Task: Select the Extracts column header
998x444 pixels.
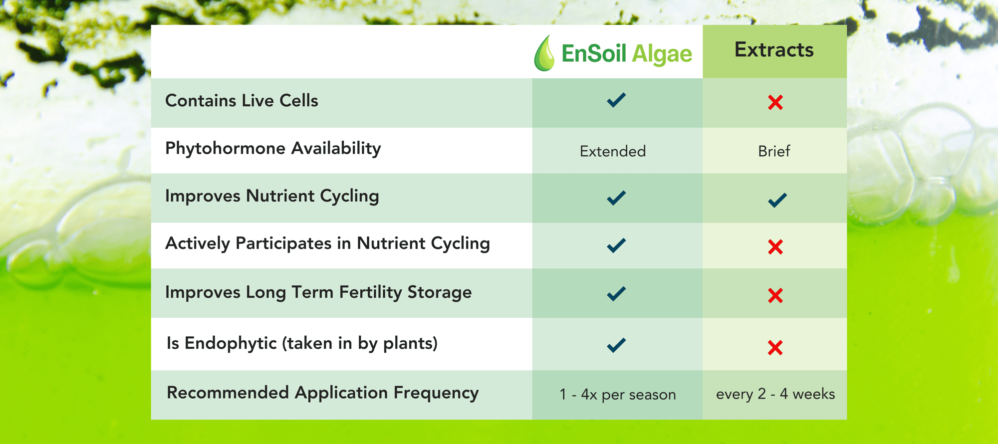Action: [774, 50]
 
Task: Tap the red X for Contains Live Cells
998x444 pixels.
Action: [775, 102]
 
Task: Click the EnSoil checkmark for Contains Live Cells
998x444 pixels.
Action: [616, 100]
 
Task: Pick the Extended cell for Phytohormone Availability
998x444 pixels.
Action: [613, 151]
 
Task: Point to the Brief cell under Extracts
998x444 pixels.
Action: [774, 151]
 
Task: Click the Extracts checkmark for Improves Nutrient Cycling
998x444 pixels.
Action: [777, 200]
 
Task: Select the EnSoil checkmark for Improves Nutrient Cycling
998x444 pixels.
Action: [616, 198]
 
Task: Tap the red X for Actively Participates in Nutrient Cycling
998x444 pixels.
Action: [775, 247]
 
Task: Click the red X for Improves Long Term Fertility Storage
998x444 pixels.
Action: [775, 295]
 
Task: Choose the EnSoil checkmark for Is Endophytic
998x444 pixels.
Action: [616, 345]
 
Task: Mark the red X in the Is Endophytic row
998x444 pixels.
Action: [775, 348]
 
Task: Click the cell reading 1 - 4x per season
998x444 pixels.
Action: [618, 395]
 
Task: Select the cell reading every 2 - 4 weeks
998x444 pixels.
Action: [775, 394]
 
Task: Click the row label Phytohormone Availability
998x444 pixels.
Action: [273, 149]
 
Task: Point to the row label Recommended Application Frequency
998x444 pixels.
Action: [323, 393]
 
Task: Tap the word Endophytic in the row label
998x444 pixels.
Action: [231, 343]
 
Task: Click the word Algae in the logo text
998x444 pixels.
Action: [662, 54]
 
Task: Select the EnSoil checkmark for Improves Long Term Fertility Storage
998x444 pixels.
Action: [616, 293]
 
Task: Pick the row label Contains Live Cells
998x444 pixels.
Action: [242, 101]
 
